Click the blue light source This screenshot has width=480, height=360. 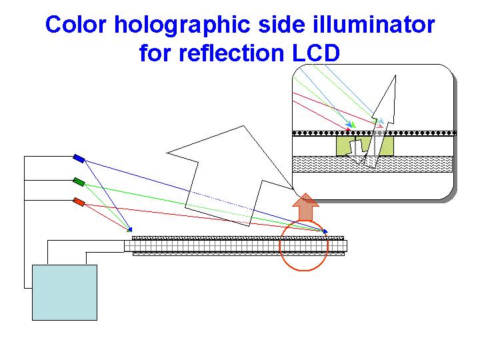79,158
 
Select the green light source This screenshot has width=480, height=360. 79,181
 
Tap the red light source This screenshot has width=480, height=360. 79,201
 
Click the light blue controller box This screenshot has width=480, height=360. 65,292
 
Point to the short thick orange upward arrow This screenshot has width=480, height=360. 305,207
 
